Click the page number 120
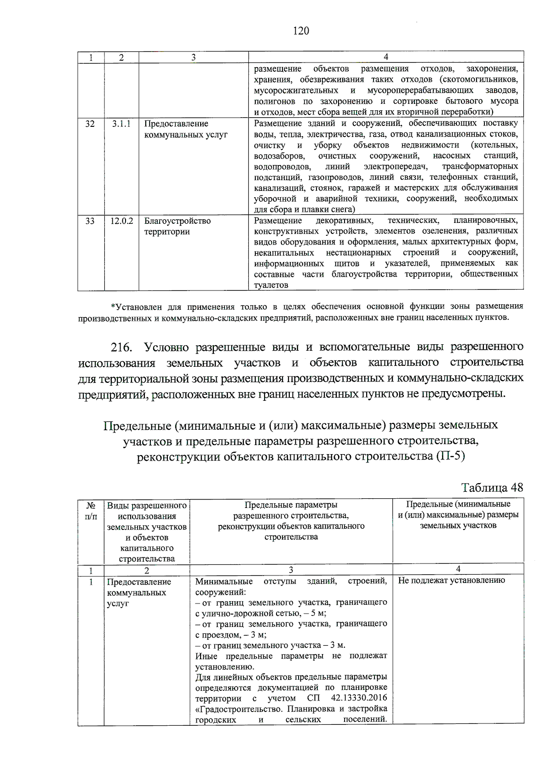tap(301, 31)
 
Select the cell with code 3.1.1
tap(121, 124)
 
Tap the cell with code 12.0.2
tap(121, 221)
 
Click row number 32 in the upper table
tap(90, 124)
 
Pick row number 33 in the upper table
tap(90, 221)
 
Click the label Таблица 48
tap(492, 488)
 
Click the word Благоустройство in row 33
tap(177, 221)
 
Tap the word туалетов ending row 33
tap(271, 285)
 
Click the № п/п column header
tap(91, 511)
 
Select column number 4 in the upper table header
tap(385, 57)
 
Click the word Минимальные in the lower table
tap(224, 581)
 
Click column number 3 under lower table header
tap(291, 570)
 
